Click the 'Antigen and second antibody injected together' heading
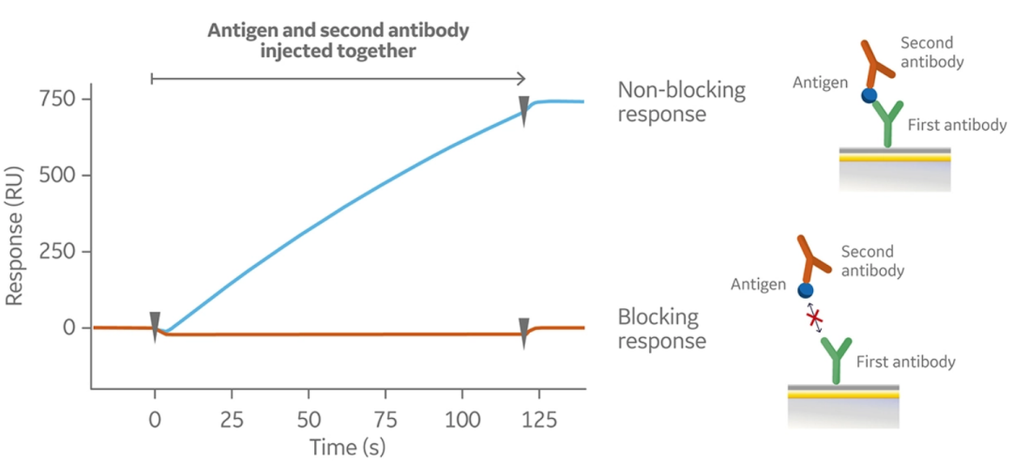(338, 40)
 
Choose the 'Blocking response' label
(662, 329)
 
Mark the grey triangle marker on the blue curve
(524, 105)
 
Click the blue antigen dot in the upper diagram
(869, 95)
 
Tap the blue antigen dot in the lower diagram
(804, 289)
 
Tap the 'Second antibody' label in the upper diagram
(933, 53)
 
